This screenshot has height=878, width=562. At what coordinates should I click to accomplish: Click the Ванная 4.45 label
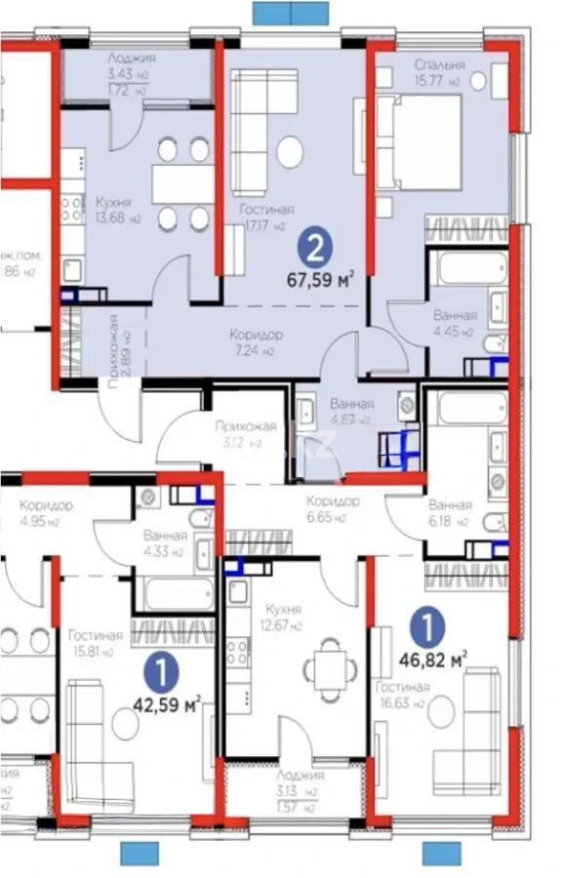[x=453, y=323]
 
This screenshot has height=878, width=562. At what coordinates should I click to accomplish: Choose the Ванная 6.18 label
[x=450, y=513]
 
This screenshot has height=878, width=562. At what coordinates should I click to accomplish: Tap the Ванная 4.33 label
[x=164, y=542]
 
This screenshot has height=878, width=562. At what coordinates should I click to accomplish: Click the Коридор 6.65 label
[x=332, y=508]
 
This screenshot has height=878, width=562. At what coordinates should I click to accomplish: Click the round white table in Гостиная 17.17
[x=289, y=151]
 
